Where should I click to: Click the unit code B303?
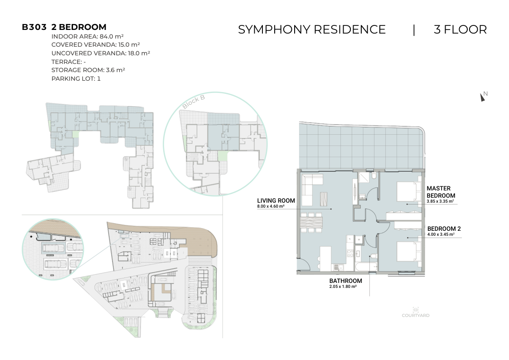[34, 27]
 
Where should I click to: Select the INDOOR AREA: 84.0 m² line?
[87, 36]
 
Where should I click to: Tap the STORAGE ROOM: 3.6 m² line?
[88, 70]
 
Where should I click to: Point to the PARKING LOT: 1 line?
[76, 78]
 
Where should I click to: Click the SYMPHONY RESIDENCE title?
[312, 29]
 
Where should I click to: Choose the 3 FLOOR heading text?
[461, 29]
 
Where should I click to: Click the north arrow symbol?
[483, 97]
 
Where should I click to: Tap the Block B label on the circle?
[194, 102]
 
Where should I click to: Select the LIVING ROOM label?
[276, 200]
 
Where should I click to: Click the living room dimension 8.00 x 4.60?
[271, 206]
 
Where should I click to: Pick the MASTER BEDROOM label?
[441, 192]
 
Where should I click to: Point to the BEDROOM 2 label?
[444, 229]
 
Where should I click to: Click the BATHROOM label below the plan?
[345, 281]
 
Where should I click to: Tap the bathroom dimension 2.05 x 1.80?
[343, 287]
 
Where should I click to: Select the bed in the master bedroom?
[407, 191]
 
